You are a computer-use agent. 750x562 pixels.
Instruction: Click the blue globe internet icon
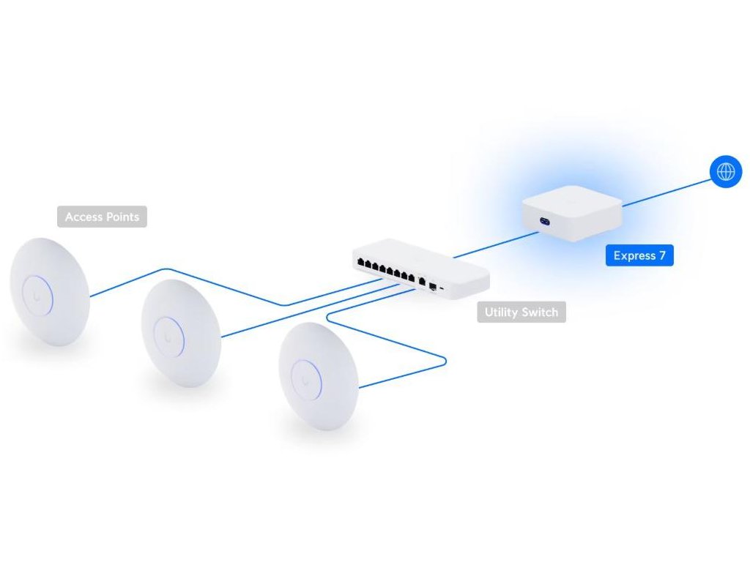point(726,172)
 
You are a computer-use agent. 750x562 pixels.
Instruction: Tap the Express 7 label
point(639,255)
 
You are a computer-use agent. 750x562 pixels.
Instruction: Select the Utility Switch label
point(521,312)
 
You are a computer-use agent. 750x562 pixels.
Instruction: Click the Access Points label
point(102,217)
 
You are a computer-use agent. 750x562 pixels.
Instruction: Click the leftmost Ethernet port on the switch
point(360,262)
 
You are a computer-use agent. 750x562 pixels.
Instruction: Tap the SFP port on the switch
point(434,285)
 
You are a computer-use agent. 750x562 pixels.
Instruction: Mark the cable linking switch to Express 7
point(494,246)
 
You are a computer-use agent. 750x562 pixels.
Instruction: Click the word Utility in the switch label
point(501,312)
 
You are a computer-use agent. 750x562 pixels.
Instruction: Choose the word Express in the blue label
point(634,255)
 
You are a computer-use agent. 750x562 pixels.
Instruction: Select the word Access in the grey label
point(82,217)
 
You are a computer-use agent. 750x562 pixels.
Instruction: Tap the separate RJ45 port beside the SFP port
point(422,282)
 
